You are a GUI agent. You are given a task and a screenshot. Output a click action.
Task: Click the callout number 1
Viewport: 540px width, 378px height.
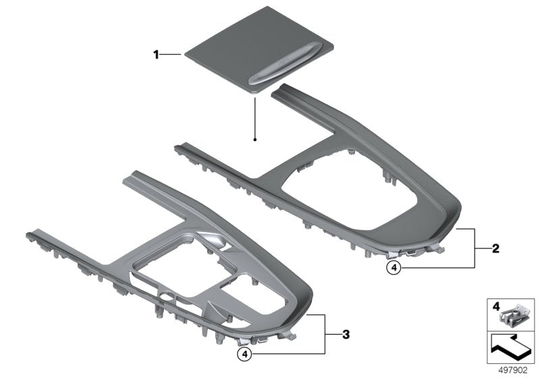pos(157,54)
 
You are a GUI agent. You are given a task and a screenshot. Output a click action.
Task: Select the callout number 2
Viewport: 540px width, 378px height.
pos(495,248)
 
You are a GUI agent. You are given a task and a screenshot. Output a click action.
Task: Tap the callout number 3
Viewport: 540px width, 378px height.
pos(345,333)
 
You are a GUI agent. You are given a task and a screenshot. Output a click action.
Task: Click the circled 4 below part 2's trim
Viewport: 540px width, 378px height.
pos(394,268)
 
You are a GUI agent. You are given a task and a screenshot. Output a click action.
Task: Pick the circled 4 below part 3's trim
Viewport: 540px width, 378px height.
pos(246,352)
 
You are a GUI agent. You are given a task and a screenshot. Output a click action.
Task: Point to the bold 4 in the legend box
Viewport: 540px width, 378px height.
pos(496,306)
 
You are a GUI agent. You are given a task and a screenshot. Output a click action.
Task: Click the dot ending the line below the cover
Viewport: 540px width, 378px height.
pos(255,140)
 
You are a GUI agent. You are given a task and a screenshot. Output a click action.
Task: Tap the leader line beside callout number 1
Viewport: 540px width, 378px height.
pos(171,54)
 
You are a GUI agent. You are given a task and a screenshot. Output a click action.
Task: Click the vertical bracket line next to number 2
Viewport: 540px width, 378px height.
pos(479,248)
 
